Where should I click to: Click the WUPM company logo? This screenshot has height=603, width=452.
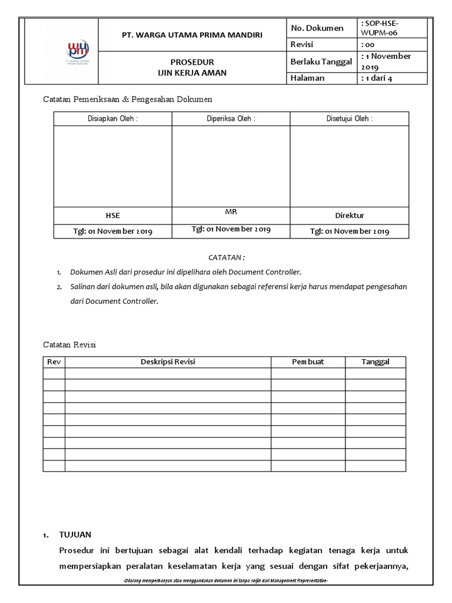click(76, 51)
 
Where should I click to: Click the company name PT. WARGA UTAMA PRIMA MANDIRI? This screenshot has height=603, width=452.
click(192, 35)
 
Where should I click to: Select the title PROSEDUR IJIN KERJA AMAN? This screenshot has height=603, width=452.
click(192, 67)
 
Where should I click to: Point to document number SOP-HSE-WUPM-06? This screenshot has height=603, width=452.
click(383, 28)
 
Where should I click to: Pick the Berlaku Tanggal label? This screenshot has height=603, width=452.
click(321, 61)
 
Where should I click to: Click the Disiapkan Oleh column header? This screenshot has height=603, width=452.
click(112, 118)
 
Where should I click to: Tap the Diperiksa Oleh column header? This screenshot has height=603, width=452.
click(231, 118)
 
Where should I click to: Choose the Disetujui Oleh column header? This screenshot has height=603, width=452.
click(349, 118)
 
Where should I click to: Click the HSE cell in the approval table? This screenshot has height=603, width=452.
click(112, 216)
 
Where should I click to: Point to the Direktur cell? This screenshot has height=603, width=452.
click(350, 216)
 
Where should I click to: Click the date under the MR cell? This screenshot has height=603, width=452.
click(231, 229)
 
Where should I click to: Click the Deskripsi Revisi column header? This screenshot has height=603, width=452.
click(168, 362)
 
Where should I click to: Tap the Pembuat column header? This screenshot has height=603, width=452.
click(308, 362)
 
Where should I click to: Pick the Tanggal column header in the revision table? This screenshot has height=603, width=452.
click(375, 362)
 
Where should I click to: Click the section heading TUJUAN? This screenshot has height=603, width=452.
click(75, 535)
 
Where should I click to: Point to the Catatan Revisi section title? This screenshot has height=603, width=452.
click(69, 344)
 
